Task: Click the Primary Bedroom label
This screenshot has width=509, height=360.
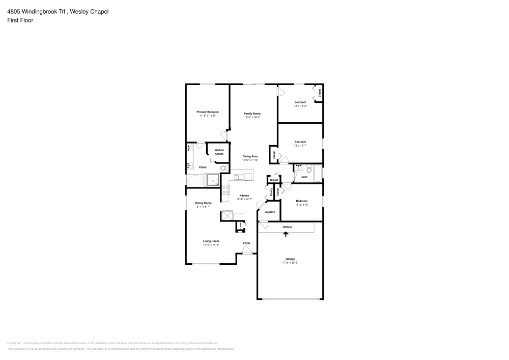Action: point(208,112)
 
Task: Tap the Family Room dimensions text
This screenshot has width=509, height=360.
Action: point(252,117)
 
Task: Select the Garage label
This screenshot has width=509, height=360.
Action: point(289,259)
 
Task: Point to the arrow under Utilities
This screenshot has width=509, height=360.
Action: point(285,234)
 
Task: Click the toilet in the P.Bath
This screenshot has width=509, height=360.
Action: point(222,169)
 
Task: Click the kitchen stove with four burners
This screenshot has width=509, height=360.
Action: point(226,190)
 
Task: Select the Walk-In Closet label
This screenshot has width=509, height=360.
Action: point(219,152)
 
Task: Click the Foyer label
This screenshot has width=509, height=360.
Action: point(246,243)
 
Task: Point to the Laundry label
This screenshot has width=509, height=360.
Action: point(270,212)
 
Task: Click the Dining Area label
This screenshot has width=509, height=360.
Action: point(250,156)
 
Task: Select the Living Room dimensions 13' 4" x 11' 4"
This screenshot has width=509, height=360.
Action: point(211,245)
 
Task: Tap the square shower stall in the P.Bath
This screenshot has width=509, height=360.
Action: point(212,180)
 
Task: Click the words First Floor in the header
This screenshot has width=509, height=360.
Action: point(20,20)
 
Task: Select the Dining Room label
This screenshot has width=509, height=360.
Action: point(203,203)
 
